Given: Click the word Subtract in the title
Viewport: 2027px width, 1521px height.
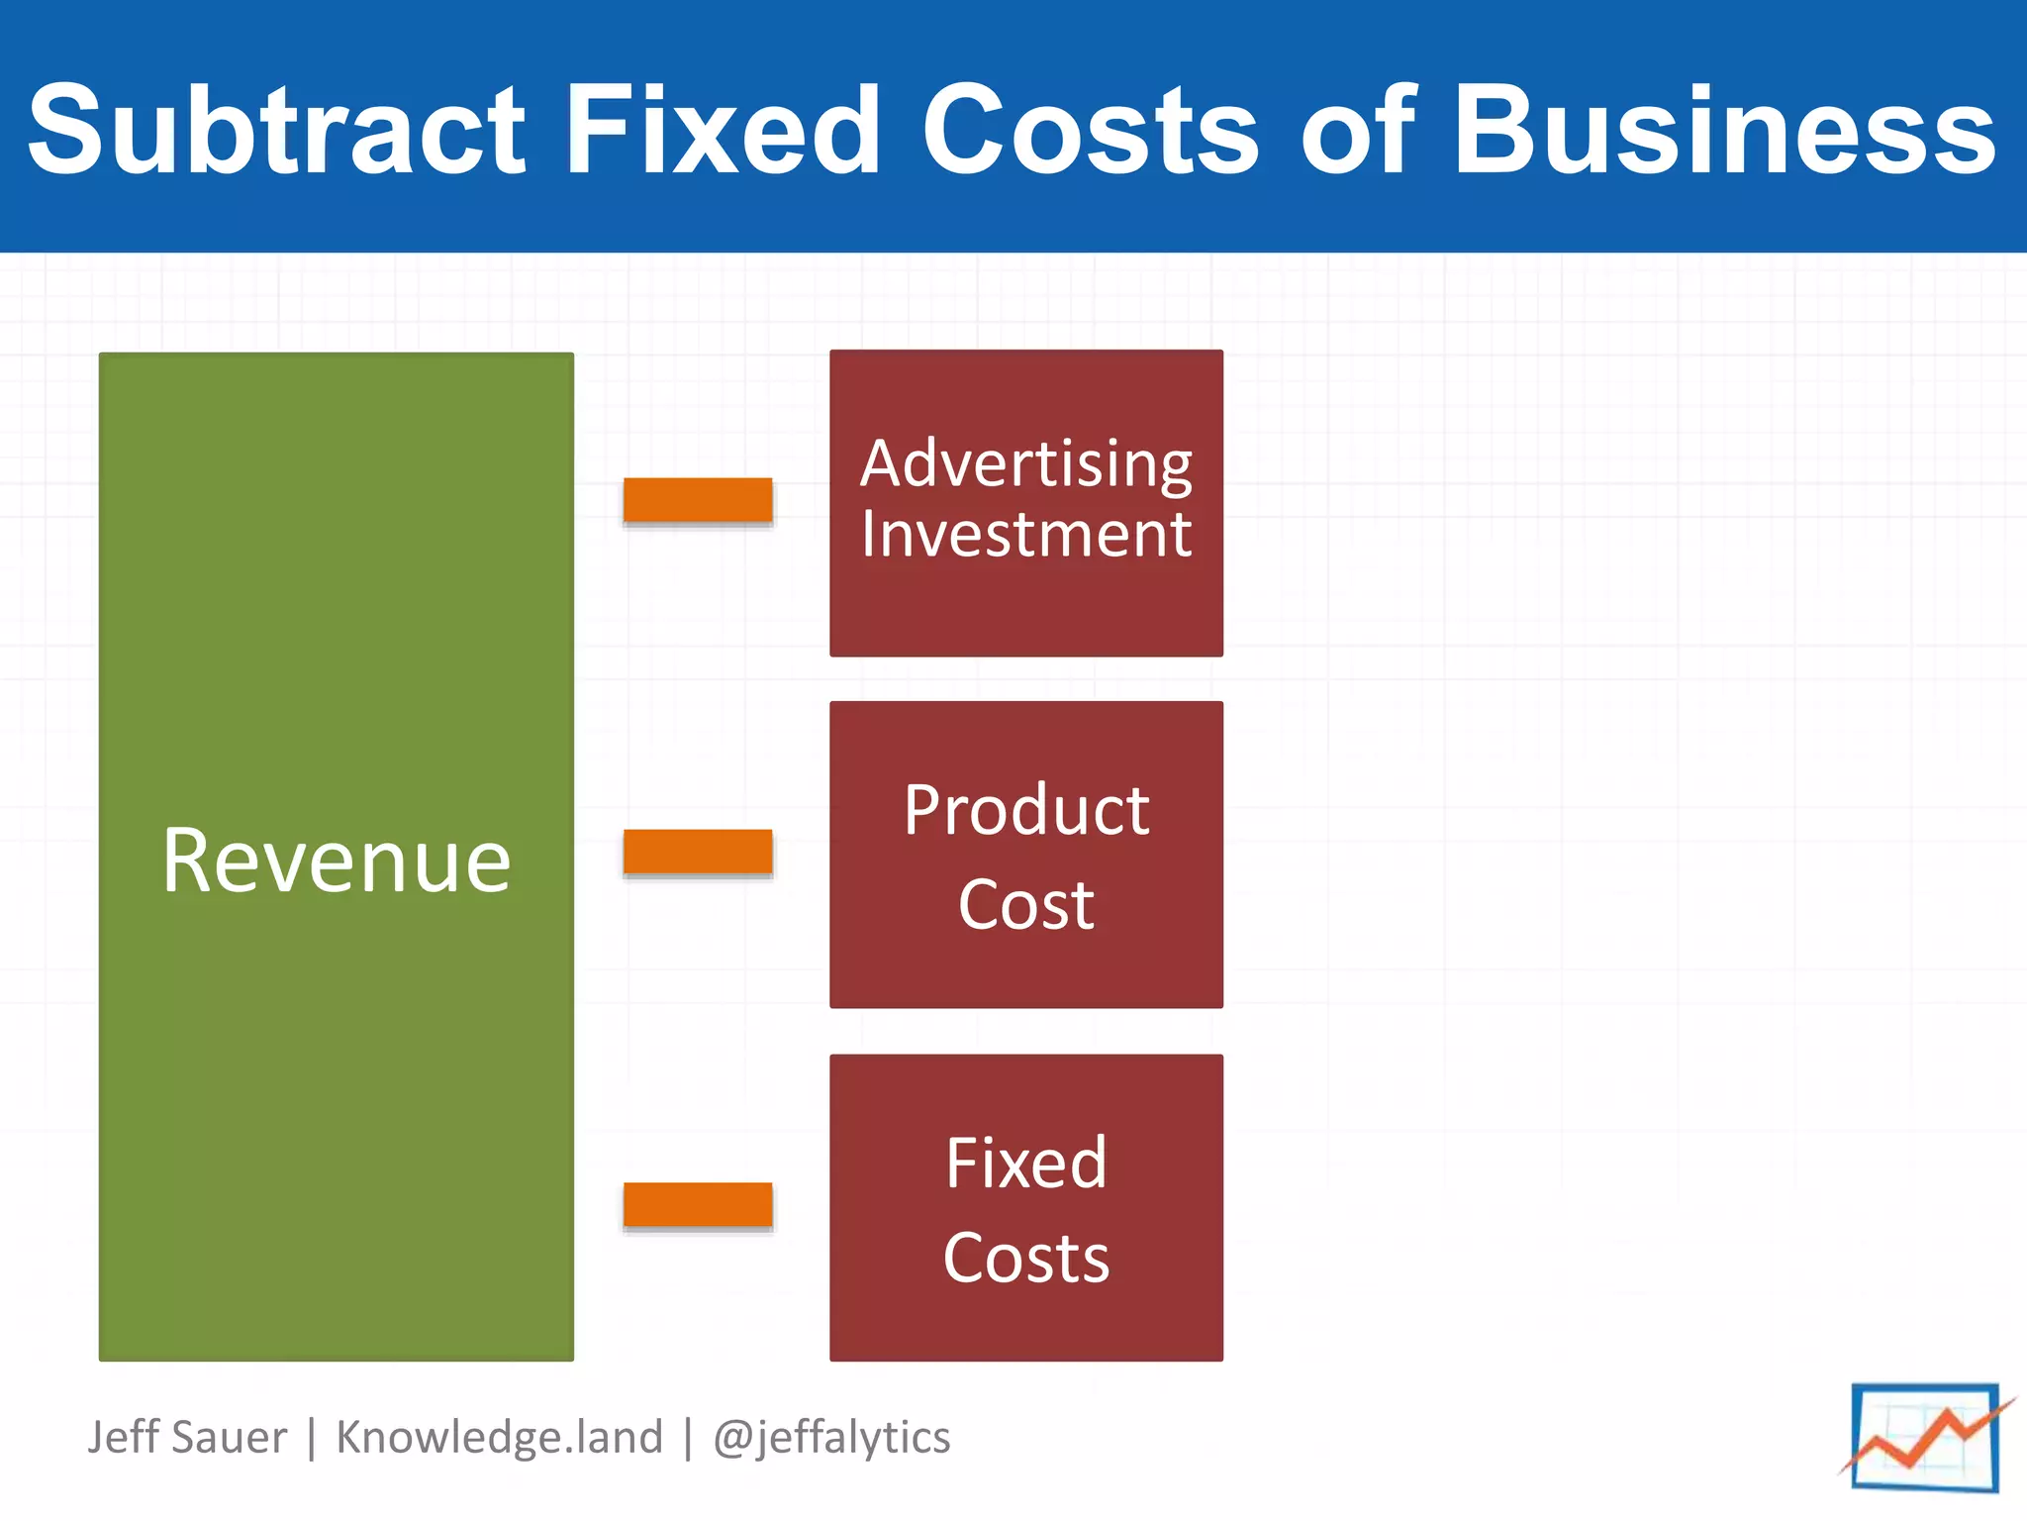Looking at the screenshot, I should (276, 130).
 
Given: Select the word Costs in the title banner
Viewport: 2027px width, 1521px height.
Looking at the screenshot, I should (1090, 130).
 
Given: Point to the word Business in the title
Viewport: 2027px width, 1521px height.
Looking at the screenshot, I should (1724, 130).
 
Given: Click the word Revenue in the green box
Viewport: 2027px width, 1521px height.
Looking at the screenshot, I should (337, 861).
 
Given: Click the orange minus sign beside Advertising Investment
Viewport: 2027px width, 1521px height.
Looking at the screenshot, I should (698, 500).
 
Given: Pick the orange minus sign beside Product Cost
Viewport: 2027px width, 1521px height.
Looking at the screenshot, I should (698, 852).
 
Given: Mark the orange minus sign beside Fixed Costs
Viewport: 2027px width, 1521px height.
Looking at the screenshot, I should (698, 1204).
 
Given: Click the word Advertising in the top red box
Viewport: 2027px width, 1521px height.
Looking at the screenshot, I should (1026, 463).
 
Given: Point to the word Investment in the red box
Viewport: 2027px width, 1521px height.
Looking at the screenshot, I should (1026, 535).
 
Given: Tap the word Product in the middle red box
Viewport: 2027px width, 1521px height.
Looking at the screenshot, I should (1026, 810).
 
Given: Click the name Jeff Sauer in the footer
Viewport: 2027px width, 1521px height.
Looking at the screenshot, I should (187, 1437).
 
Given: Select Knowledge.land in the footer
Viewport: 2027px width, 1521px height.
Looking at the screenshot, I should (500, 1437).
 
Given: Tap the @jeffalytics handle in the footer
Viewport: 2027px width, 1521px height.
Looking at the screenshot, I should (831, 1437).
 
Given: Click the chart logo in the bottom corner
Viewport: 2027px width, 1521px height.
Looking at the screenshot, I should (1925, 1437).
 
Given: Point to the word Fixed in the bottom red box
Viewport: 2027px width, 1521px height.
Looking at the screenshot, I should (1026, 1163).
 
